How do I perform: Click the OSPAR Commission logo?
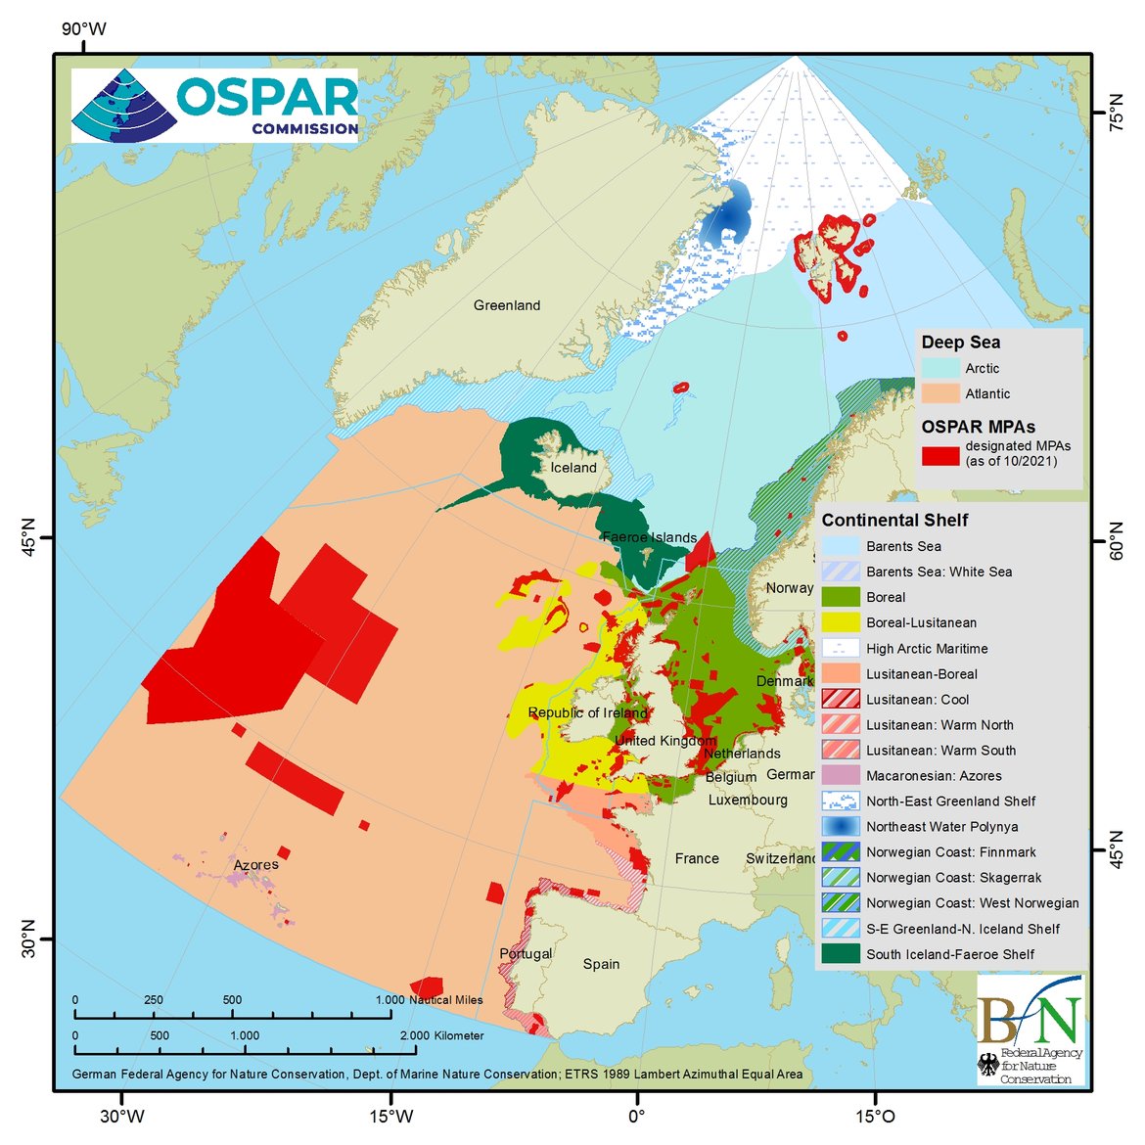[215, 106]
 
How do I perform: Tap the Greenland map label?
[507, 305]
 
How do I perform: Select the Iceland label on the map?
[573, 468]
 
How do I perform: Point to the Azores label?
[255, 865]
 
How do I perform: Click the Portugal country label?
[526, 953]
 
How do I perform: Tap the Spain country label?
[601, 964]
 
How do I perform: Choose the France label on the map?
[697, 858]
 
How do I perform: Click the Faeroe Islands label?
[649, 537]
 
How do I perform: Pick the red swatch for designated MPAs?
[939, 454]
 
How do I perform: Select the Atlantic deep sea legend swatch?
[939, 393]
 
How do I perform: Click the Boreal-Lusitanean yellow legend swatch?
[840, 622]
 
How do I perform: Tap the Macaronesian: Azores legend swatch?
[840, 776]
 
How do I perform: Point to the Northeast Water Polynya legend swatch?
[840, 827]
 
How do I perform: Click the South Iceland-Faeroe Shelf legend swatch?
[840, 954]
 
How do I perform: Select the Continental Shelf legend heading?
[894, 521]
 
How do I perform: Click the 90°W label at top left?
[84, 29]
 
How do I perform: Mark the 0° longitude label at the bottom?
[636, 1116]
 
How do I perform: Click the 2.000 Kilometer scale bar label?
[441, 1035]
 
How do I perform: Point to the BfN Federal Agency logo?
[1030, 1030]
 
